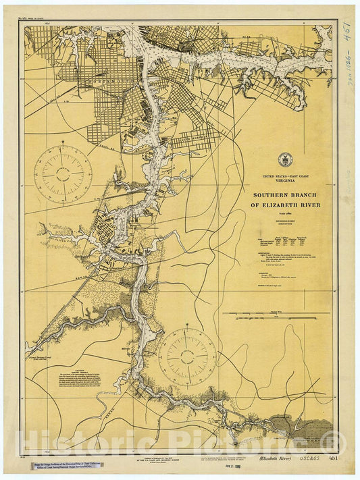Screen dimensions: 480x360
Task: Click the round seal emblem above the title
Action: point(282,160)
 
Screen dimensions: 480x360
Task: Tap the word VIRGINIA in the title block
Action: point(282,180)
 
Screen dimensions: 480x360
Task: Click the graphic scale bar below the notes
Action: point(281,314)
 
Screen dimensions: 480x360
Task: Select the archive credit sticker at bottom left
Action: point(66,464)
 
